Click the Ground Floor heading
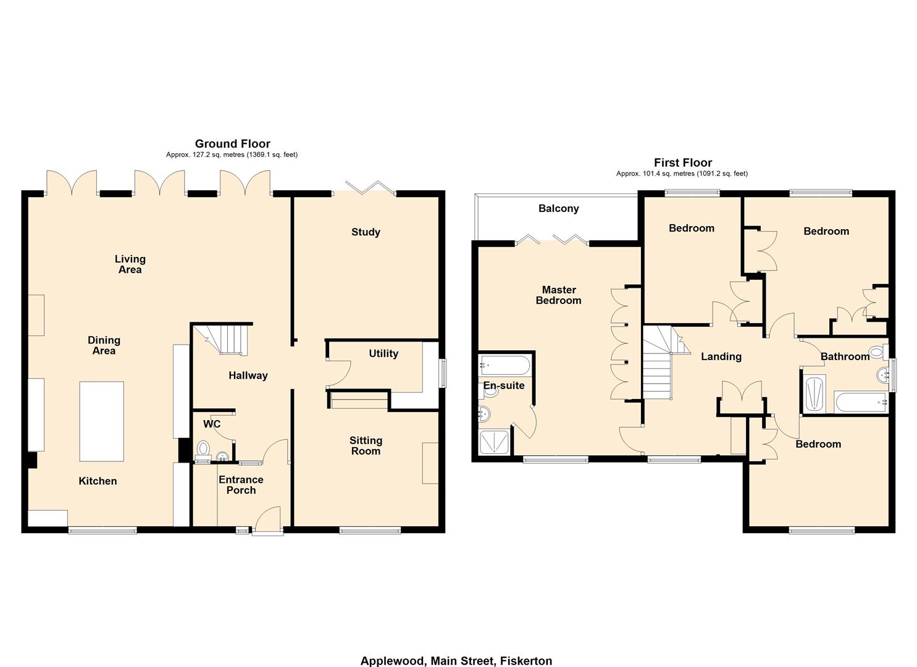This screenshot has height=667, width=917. tap(232, 144)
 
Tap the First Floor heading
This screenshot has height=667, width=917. tap(682, 163)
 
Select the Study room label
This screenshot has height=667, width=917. tap(366, 232)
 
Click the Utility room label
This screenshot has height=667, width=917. tap(383, 353)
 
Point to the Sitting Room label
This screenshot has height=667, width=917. tap(366, 445)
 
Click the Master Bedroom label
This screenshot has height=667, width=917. tap(558, 295)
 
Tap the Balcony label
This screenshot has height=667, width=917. tap(558, 209)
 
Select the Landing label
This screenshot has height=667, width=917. tap(721, 356)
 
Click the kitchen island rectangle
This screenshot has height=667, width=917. tap(101, 421)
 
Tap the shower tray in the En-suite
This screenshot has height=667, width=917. tap(495, 442)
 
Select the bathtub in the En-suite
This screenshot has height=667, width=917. tap(504, 366)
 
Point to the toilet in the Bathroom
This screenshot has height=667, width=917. tap(876, 353)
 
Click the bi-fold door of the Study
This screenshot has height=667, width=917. tap(371, 187)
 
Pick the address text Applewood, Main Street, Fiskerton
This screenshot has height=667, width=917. tap(456, 661)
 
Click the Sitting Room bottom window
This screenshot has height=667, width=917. tap(370, 530)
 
